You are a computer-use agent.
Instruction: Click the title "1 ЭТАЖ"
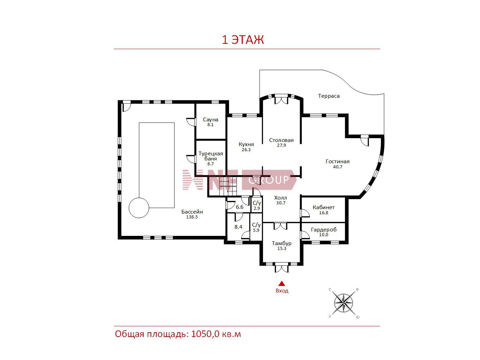243,40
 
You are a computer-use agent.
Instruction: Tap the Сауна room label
211,120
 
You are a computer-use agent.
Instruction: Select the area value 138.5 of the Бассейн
192,217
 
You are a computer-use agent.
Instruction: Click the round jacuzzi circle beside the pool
139,208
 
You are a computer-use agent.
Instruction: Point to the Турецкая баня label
211,156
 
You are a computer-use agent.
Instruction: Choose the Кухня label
246,144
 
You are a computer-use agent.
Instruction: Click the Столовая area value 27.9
281,145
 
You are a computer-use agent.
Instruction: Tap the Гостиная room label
337,161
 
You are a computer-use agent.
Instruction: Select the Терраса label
329,96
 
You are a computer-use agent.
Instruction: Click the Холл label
280,198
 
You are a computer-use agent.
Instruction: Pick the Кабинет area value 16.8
323,213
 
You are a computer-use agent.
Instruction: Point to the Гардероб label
324,230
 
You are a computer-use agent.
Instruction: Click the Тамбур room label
281,243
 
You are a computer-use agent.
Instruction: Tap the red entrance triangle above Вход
282,284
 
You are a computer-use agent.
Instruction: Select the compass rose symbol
343,303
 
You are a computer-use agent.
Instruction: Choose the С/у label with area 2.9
256,203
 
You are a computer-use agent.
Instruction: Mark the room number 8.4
238,227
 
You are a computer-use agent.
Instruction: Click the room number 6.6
240,207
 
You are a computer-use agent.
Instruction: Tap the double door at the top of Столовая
281,100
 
